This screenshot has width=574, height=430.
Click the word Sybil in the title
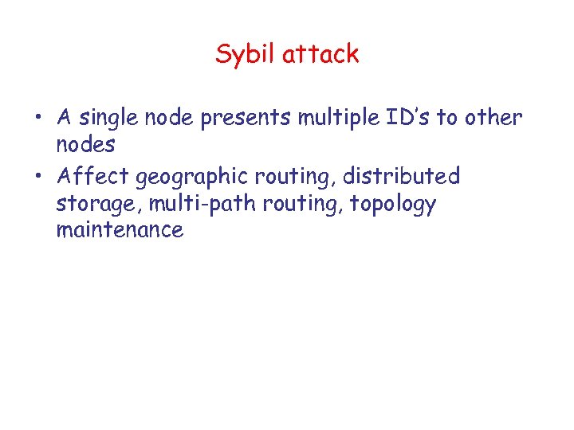coord(243,55)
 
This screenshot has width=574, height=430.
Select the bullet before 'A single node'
coord(38,119)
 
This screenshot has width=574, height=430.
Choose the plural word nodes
coord(85,145)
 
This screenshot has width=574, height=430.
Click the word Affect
coord(92,174)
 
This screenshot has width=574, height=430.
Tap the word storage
coord(89,205)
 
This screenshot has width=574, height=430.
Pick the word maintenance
coord(120,230)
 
